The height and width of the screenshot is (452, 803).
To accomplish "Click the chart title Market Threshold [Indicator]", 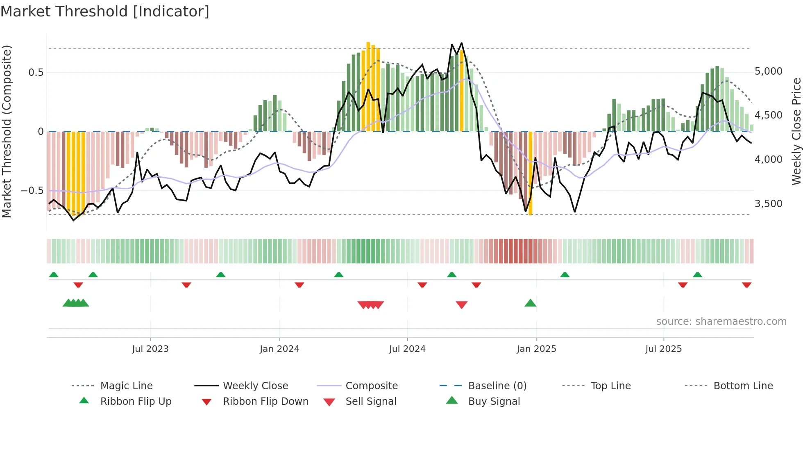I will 105,11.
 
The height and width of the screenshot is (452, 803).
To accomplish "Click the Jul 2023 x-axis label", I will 150,349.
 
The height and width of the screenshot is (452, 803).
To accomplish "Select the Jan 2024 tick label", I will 279,349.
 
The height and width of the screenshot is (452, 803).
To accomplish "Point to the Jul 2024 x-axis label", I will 407,349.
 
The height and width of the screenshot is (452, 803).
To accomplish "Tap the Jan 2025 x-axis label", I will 536,349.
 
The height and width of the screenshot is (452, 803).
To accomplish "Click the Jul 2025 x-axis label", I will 663,349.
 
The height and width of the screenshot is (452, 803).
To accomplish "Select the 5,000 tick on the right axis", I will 769,71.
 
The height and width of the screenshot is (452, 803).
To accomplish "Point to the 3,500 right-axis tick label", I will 769,204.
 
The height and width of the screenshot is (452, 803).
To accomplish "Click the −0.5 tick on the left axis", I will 32,191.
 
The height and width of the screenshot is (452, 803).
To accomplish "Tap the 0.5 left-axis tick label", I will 36,73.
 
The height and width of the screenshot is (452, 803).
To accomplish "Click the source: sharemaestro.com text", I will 721,322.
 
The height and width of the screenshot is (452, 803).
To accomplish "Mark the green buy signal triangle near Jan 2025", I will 531,304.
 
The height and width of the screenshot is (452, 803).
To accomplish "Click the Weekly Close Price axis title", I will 796,131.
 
